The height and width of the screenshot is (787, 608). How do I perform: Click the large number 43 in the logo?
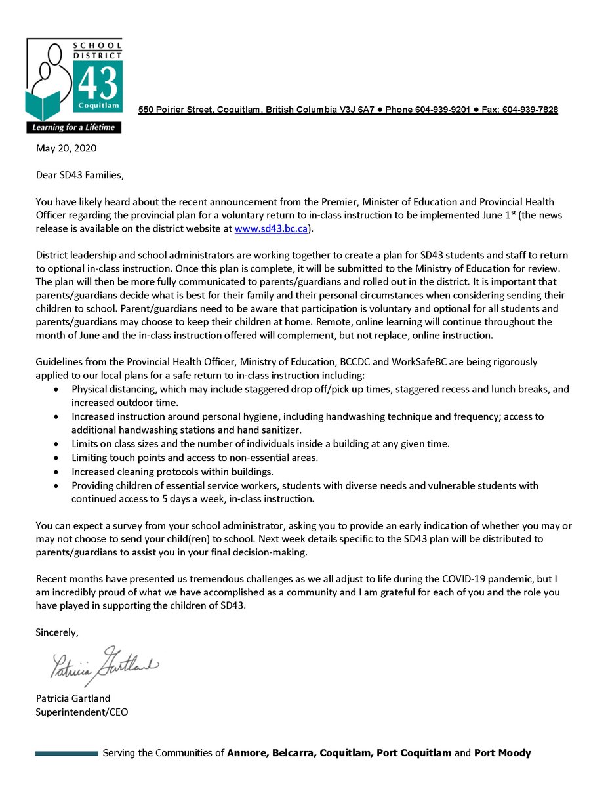[x=99, y=83]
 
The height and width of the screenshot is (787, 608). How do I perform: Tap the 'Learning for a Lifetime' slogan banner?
[x=73, y=127]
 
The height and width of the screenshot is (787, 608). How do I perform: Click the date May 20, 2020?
[x=66, y=148]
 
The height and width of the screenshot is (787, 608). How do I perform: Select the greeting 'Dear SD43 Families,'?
[x=79, y=175]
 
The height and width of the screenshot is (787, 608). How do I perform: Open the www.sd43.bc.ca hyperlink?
[x=271, y=229]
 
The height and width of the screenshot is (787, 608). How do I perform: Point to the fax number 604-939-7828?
[x=530, y=110]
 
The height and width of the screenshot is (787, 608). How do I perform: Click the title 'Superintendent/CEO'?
[x=82, y=712]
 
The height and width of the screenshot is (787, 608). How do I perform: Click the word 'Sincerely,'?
[x=57, y=632]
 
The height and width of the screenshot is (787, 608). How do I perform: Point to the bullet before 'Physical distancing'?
[x=58, y=390]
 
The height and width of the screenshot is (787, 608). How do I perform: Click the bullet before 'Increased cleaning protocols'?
[x=58, y=472]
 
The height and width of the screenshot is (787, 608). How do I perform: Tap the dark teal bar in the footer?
[x=66, y=753]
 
